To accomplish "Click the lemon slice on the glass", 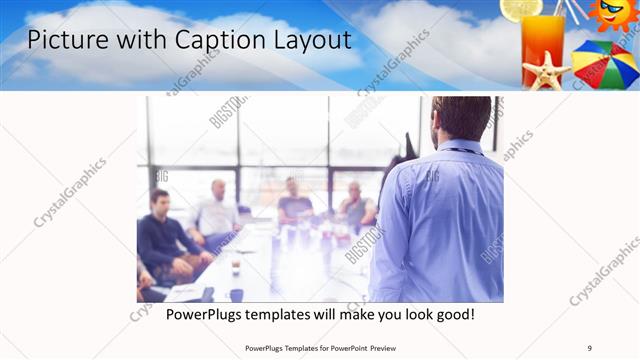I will (x=520, y=9).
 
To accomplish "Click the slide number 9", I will (x=589, y=348).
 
